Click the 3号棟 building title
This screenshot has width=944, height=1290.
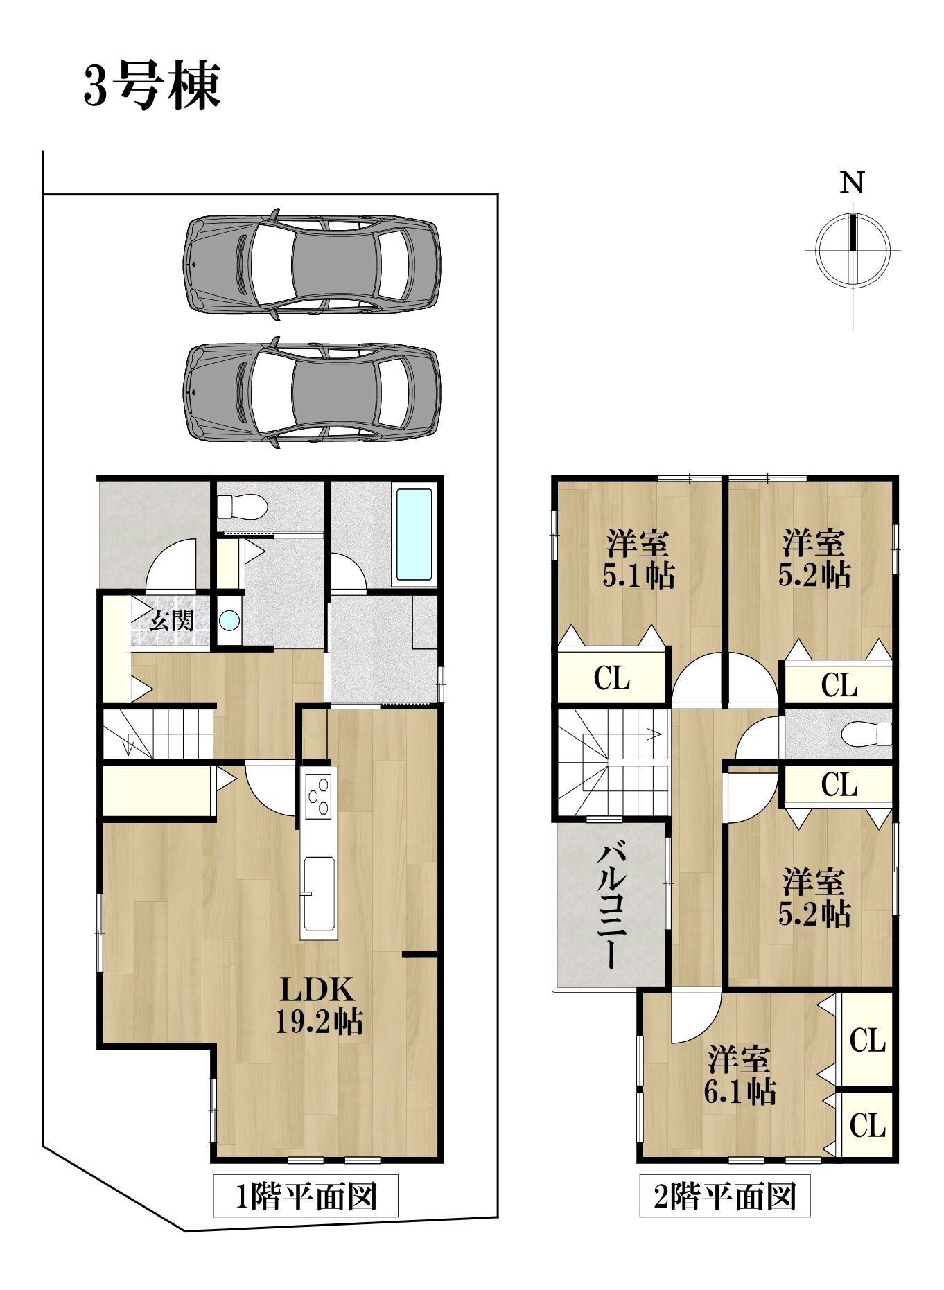[x=152, y=86]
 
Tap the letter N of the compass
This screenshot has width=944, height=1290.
[x=852, y=182]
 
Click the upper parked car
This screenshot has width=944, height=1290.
[x=311, y=264]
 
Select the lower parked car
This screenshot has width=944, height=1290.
[x=311, y=393]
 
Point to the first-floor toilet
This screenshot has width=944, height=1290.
[x=242, y=505]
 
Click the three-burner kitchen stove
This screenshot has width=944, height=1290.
[x=319, y=794]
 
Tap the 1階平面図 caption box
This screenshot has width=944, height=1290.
[x=306, y=1196]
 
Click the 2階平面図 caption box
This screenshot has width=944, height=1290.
[x=724, y=1196]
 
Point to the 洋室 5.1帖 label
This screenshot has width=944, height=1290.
[x=638, y=558]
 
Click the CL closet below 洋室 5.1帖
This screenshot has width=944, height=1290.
[x=611, y=678]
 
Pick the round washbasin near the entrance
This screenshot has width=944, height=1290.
[x=229, y=620]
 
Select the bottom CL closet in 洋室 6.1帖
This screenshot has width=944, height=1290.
[x=866, y=1124]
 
